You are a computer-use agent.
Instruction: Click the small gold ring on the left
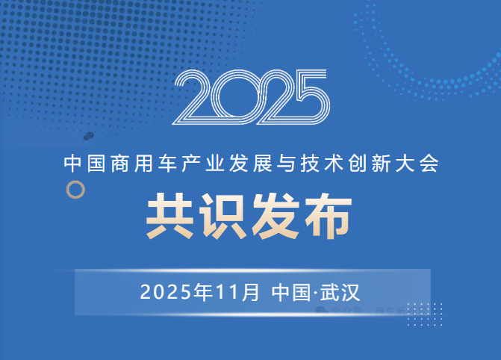point(75,190)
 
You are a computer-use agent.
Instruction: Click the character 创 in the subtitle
point(349,161)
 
